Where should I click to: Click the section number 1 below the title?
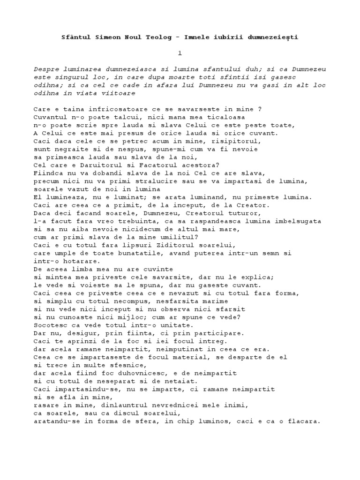(180, 53)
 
